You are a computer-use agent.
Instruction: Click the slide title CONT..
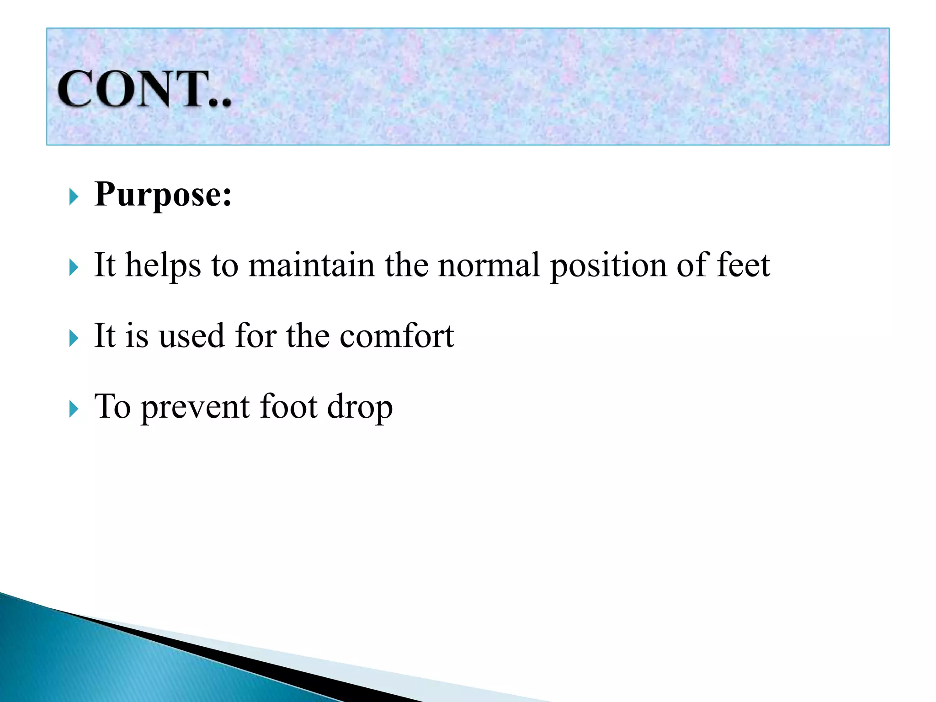pos(144,90)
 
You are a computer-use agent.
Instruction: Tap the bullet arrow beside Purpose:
pos(74,197)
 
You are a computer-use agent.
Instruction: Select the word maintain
pos(311,265)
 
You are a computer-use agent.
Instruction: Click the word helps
pos(163,266)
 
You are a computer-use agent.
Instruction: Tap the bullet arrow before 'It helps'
pos(74,268)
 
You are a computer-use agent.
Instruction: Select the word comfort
pos(397,336)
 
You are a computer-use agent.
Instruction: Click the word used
pos(191,336)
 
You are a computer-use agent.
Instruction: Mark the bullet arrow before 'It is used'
pos(74,339)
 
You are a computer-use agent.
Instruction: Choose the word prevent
pos(195,407)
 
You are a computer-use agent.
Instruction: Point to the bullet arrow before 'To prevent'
pos(74,409)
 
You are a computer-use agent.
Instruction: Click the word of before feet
pos(691,265)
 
